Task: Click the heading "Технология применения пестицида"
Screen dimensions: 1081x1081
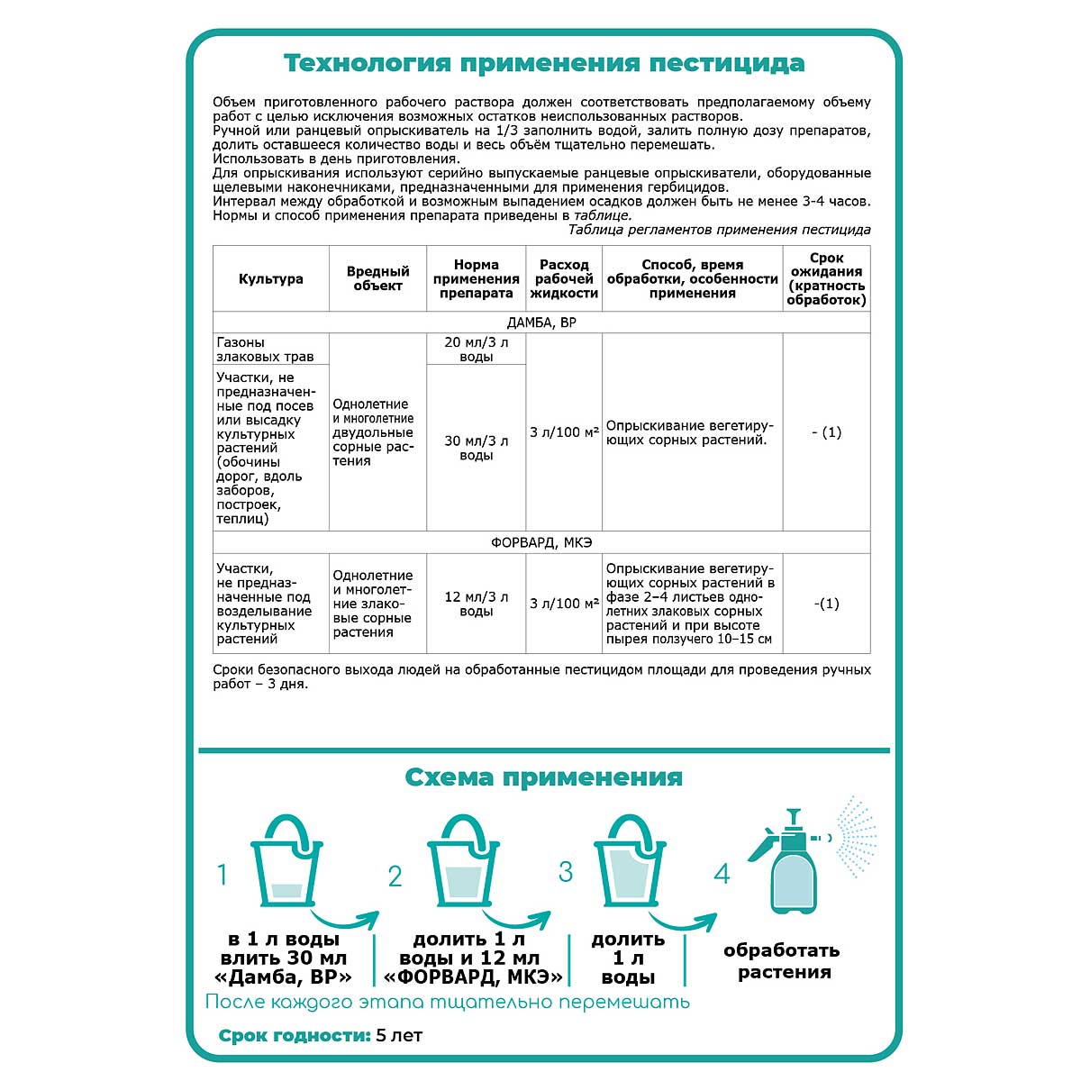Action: tap(544, 64)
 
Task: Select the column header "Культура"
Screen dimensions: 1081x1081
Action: tap(270, 279)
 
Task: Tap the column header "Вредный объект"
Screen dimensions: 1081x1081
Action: tap(377, 278)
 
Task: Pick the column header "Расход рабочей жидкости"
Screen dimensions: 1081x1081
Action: tap(564, 278)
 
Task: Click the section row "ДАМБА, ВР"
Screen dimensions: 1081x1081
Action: tap(541, 322)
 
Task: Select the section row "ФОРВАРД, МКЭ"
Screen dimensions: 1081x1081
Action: tap(541, 542)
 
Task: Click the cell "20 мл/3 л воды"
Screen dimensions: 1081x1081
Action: tap(476, 350)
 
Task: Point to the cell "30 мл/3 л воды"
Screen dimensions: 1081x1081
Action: tap(476, 448)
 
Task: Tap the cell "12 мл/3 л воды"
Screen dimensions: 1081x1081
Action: tap(476, 604)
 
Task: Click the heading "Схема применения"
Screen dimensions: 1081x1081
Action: tap(543, 777)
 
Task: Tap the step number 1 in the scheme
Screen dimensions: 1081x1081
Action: tap(223, 875)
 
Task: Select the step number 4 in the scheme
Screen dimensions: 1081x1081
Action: tap(722, 873)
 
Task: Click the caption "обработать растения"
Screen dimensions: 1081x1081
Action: tap(781, 961)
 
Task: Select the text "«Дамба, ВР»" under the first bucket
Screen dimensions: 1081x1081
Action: tap(284, 977)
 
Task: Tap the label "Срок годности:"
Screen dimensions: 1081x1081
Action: tap(295, 1036)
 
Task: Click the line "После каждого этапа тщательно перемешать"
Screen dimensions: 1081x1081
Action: tap(447, 1002)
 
